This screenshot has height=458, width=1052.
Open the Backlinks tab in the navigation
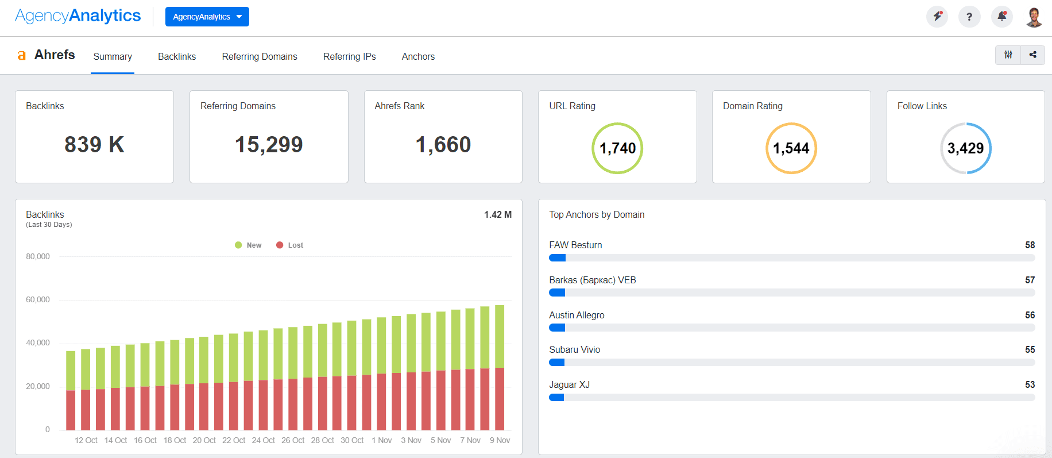(177, 56)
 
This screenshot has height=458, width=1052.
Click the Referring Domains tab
(260, 56)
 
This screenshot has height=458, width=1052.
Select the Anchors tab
(418, 56)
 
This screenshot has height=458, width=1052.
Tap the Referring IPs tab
(349, 56)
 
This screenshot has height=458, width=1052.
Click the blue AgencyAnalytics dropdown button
(207, 17)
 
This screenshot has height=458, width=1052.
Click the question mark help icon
(969, 17)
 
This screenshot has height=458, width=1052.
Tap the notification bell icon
(1002, 17)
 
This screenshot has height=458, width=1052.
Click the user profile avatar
(1034, 17)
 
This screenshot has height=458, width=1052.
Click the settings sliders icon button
(1008, 55)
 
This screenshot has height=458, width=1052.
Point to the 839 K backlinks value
(94, 145)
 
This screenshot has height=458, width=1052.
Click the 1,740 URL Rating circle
(617, 148)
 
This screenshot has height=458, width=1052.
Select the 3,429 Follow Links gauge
(965, 148)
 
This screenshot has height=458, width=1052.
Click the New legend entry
(249, 245)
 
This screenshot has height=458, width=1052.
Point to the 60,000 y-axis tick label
(38, 299)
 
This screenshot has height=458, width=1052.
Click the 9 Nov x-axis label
(500, 440)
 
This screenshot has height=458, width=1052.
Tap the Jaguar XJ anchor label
(569, 384)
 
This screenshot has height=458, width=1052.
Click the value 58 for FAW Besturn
(1030, 245)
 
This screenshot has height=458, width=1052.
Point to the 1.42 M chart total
(497, 214)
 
